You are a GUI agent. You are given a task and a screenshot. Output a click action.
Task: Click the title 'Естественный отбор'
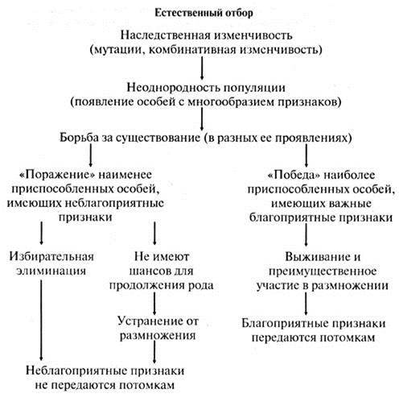click(204, 13)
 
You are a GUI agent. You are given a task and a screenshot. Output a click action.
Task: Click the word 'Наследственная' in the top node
click(165, 35)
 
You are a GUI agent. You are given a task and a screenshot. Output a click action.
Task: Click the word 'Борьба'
click(79, 138)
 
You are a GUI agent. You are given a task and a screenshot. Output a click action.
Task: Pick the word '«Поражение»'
click(58, 175)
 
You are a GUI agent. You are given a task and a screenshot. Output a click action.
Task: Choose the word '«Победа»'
click(294, 175)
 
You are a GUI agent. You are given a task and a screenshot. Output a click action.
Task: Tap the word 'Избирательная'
click(51, 256)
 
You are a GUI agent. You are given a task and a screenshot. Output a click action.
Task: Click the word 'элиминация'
click(51, 271)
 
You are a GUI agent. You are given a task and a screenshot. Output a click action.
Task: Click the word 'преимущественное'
click(323, 272)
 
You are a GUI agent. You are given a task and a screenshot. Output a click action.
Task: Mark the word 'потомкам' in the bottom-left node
click(147, 385)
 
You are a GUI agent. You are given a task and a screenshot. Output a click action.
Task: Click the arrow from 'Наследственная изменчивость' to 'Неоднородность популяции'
click(202, 68)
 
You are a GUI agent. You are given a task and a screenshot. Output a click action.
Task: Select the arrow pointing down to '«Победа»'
click(306, 155)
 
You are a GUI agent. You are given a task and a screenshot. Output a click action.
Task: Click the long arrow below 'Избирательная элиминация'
click(41, 320)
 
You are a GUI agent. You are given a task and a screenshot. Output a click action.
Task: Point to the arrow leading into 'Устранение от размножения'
click(154, 303)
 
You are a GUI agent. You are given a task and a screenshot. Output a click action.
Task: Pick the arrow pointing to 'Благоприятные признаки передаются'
click(306, 304)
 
